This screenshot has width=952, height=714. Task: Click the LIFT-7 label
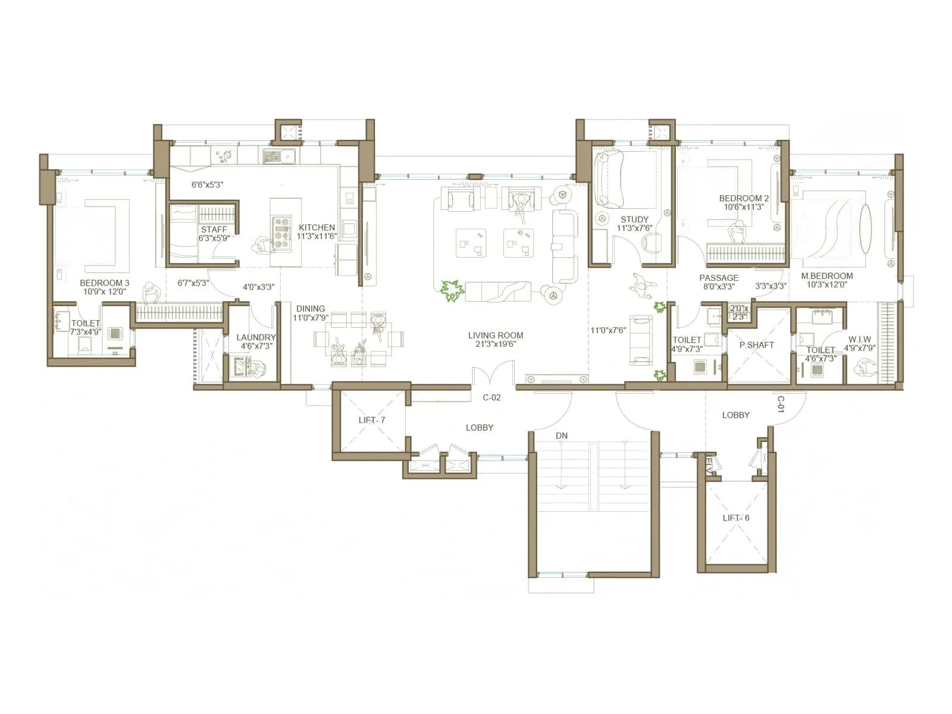point(372,420)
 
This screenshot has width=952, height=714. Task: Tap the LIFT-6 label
point(736,518)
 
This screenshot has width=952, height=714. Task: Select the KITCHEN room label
point(317,227)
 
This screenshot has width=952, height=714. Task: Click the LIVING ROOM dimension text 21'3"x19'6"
point(495,344)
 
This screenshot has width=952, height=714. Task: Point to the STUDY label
point(634,219)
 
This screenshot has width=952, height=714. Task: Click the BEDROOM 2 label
point(744,198)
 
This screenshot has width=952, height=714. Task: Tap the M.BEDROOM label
point(826,275)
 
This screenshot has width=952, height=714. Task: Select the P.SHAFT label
point(756,345)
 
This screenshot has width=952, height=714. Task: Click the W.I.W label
point(860,339)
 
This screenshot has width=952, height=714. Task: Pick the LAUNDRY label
point(256,337)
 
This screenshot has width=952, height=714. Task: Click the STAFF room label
point(214,229)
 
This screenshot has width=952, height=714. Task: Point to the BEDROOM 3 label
point(104,283)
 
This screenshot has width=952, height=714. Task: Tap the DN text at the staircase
point(561,436)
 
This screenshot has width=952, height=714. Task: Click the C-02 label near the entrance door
point(491,397)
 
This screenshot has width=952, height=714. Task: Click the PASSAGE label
point(719,278)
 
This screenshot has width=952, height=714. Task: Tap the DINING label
point(311,308)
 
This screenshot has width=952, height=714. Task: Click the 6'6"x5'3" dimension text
point(207,185)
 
